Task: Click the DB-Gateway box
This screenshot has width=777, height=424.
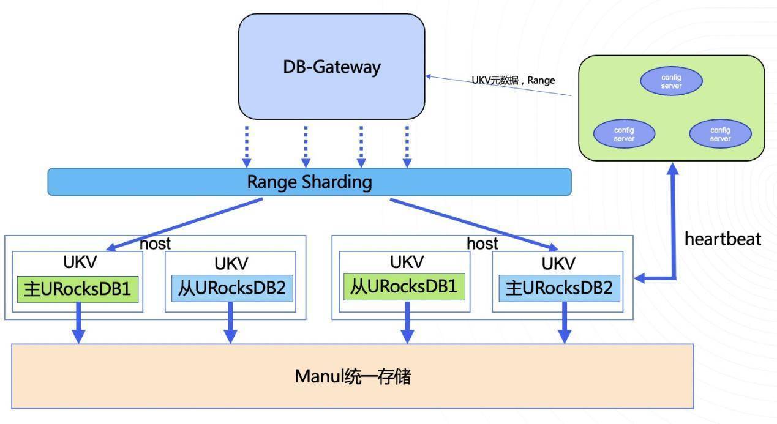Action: click(x=331, y=67)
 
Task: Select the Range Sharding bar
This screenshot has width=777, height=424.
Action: click(x=309, y=182)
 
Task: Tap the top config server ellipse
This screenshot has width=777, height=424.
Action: click(x=671, y=82)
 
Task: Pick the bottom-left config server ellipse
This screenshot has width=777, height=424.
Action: click(x=624, y=134)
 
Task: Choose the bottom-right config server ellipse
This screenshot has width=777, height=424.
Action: click(x=720, y=134)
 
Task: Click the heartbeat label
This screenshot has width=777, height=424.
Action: click(x=723, y=239)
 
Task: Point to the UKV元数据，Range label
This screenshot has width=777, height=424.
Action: click(x=513, y=80)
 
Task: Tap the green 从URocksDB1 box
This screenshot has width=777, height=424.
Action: click(x=404, y=287)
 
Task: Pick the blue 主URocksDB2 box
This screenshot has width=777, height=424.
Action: click(x=560, y=288)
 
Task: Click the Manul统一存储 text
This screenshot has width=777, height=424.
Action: click(x=353, y=376)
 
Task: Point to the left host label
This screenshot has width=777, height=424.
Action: click(x=155, y=243)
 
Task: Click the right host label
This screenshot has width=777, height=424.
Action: click(x=482, y=243)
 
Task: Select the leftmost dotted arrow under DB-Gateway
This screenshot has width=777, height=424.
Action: click(x=247, y=147)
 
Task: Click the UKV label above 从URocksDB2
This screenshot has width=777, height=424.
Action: click(x=231, y=264)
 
